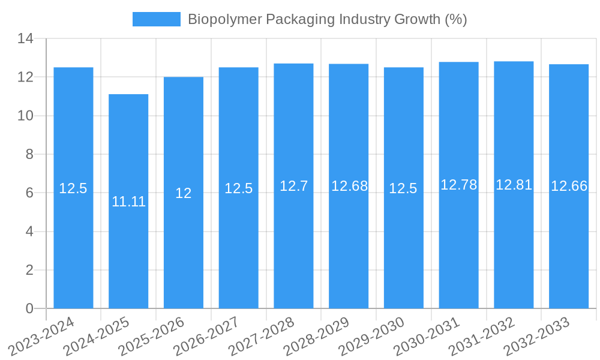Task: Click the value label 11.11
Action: pos(128,202)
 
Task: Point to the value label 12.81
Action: pos(514,185)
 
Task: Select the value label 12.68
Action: pos(349,186)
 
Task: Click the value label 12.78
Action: pos(458,185)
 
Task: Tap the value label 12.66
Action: pos(569,186)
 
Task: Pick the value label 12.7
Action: pos(293,186)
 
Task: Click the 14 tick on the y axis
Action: pos(25,39)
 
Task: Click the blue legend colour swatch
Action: pos(156,19)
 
